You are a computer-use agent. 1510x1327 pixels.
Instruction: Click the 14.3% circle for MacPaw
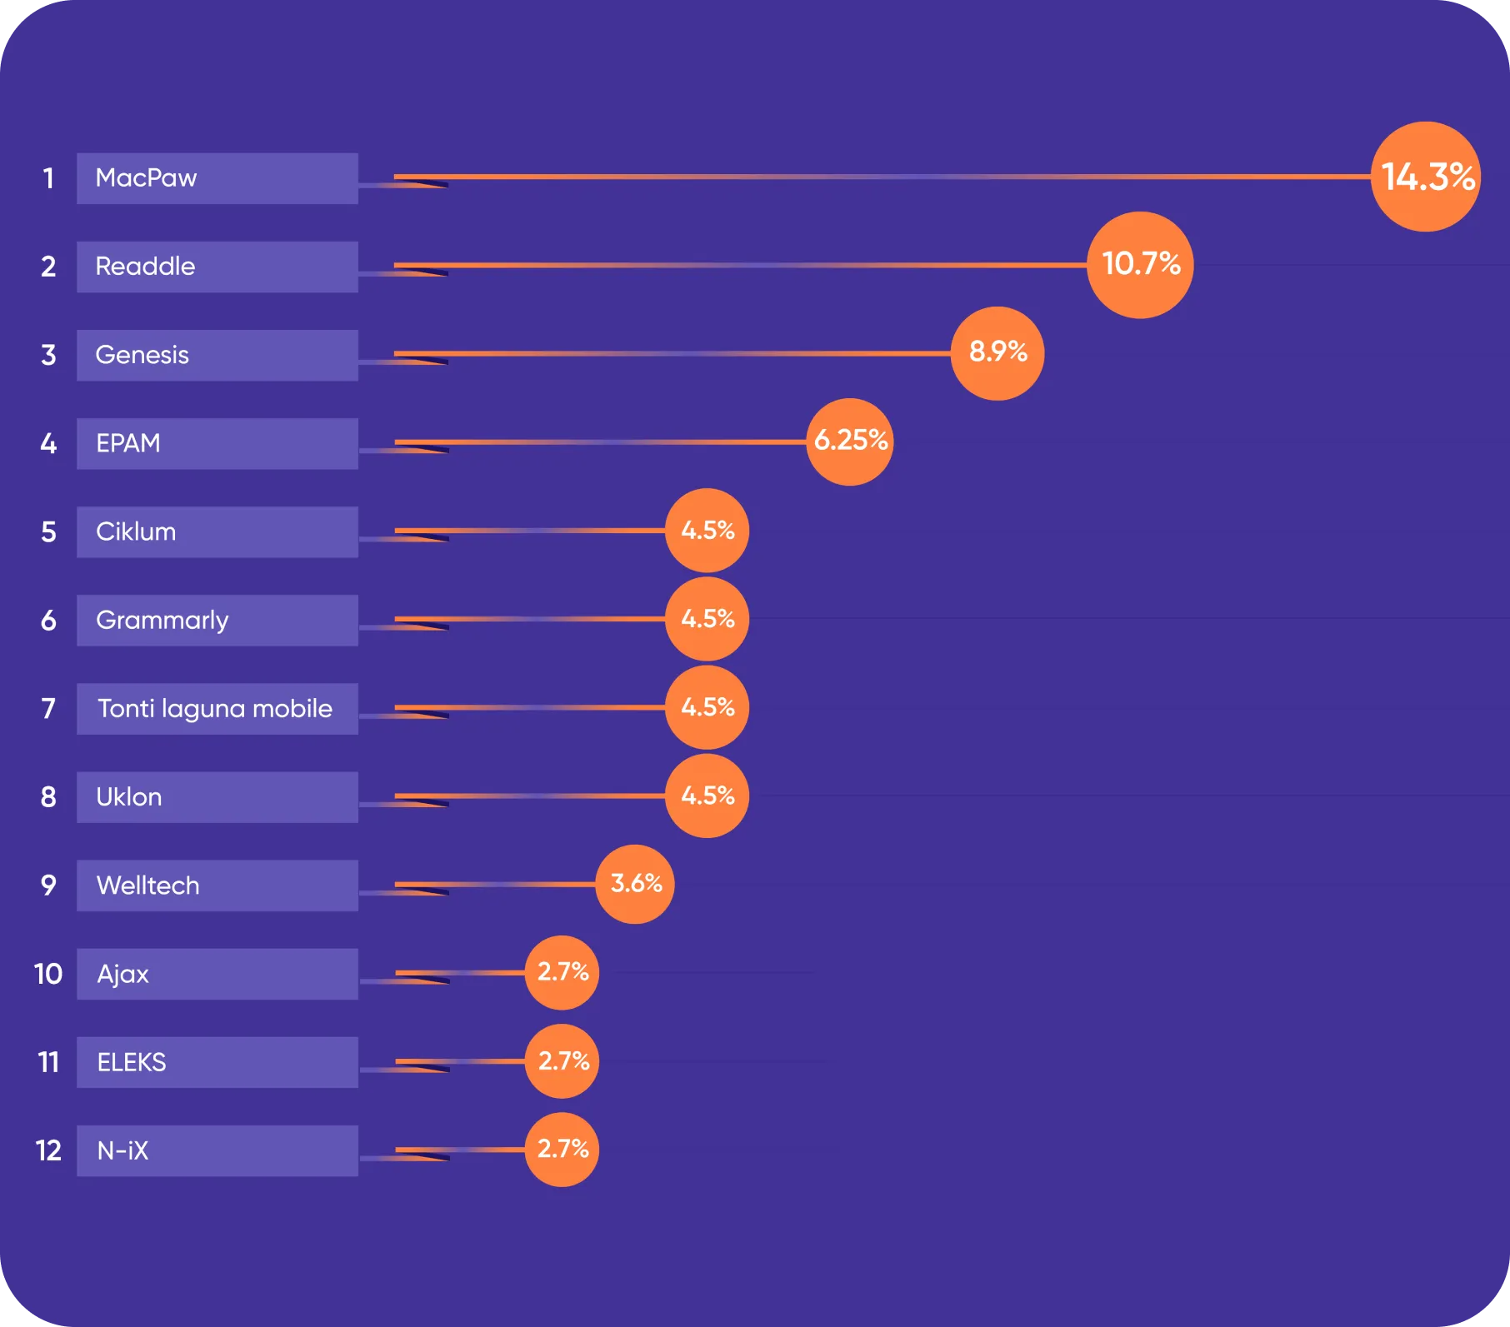pos(1426,177)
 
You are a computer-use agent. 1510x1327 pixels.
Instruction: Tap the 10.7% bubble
pos(1140,265)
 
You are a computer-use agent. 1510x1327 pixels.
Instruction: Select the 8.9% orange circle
pos(997,353)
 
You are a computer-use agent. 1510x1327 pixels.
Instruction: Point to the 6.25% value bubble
pos(850,442)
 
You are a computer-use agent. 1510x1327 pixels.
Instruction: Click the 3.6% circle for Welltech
pos(635,884)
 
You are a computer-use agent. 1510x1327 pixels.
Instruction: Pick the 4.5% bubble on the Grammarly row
pos(707,619)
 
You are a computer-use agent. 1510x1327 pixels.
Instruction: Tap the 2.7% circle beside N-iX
pos(562,1150)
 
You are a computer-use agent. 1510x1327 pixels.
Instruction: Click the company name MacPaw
pos(147,177)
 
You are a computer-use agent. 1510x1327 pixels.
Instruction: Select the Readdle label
pos(145,267)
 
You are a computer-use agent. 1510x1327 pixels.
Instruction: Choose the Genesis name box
pos(217,355)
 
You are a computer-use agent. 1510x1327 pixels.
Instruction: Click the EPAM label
pos(128,443)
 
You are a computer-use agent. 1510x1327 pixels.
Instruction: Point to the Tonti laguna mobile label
pos(215,708)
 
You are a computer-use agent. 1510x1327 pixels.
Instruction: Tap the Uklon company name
pos(129,797)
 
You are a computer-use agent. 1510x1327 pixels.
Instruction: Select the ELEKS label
pos(132,1062)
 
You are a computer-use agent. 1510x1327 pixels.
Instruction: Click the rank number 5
pos(49,531)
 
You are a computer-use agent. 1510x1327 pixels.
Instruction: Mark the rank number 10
pos(48,974)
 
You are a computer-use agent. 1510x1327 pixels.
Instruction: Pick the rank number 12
pos(48,1150)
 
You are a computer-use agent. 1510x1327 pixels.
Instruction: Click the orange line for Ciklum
pos(530,531)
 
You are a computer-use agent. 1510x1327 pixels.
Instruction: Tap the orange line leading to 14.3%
pos(882,177)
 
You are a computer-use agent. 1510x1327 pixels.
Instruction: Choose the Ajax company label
pos(122,975)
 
